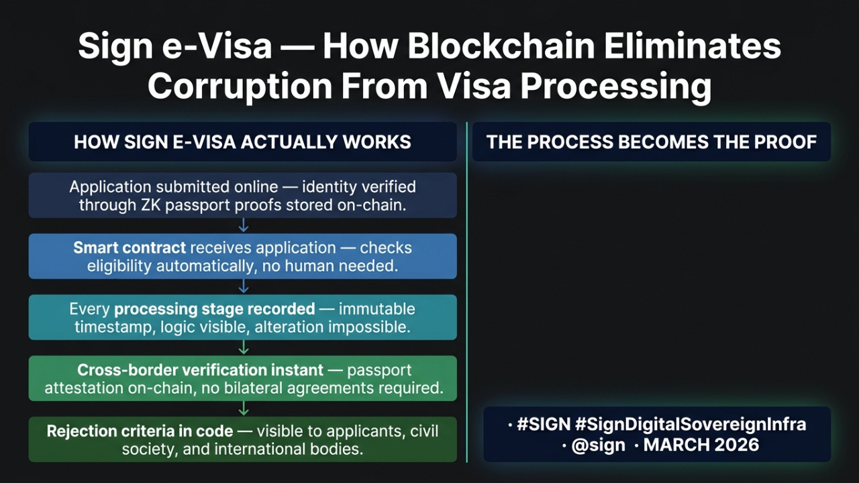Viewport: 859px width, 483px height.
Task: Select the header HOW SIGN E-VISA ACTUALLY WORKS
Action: (242, 142)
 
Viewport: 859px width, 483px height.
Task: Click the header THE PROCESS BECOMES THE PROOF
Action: (652, 142)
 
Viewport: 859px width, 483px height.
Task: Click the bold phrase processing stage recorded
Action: (215, 309)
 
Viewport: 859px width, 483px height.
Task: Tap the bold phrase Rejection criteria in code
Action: (140, 431)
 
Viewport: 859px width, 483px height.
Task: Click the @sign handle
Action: (598, 445)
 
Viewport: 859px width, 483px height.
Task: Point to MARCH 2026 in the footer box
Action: (701, 445)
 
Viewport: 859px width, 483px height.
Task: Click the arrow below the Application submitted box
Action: (244, 225)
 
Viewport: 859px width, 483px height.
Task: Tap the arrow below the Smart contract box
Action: (244, 286)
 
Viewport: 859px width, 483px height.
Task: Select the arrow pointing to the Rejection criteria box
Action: (244, 408)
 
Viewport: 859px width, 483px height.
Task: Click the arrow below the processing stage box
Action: (244, 347)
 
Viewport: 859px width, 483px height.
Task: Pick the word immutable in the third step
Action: (376, 309)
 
